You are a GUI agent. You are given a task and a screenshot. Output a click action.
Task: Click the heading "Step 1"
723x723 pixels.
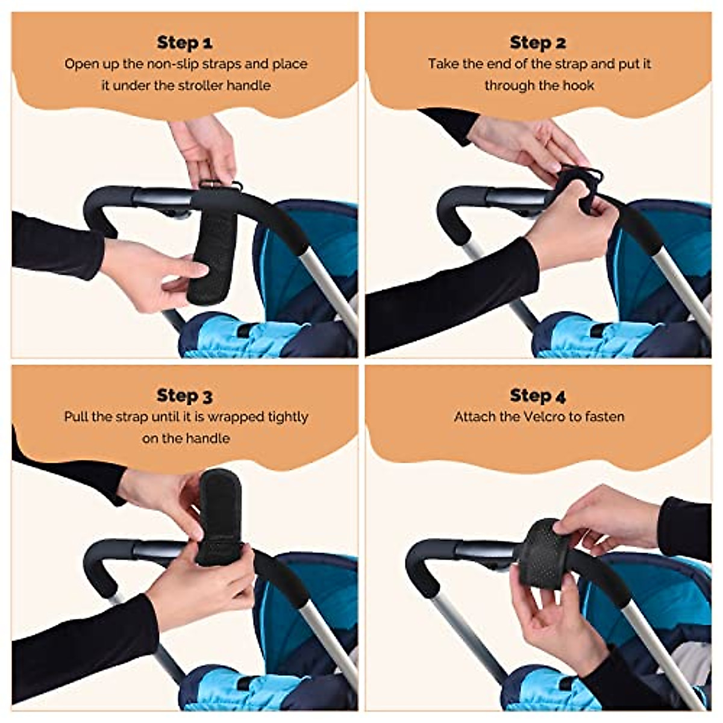pyautogui.click(x=184, y=43)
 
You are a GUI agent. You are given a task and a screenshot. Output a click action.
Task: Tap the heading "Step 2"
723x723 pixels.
pyautogui.click(x=537, y=43)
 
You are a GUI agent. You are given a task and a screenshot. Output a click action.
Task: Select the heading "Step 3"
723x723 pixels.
pyautogui.click(x=184, y=396)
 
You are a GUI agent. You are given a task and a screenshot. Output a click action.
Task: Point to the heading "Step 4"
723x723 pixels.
pyautogui.click(x=537, y=396)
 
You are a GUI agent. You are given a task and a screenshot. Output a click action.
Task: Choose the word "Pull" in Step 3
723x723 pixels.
pyautogui.click(x=77, y=417)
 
